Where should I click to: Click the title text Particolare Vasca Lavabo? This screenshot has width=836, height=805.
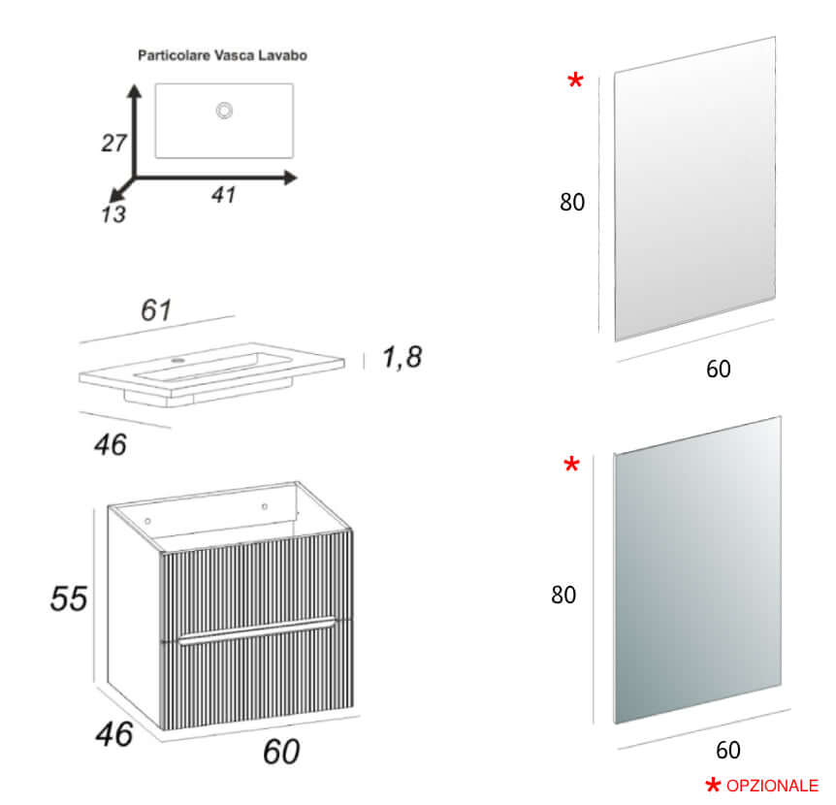[222, 55]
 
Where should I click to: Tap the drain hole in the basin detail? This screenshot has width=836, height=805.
[224, 111]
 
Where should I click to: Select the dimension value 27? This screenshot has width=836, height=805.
[114, 144]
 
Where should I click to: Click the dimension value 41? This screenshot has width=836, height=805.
[224, 195]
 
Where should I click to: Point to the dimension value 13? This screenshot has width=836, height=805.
[113, 214]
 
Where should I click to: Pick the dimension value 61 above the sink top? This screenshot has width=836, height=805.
[156, 311]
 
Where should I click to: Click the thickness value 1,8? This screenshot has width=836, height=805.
[402, 358]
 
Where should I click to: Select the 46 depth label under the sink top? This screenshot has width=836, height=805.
[111, 444]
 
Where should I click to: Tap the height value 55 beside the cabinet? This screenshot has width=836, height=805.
[69, 598]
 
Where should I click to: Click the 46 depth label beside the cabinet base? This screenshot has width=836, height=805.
[113, 735]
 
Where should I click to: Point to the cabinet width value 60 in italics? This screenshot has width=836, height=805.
[281, 751]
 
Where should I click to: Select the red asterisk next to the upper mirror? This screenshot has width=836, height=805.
[575, 81]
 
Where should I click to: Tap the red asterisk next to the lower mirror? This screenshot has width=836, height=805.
[571, 467]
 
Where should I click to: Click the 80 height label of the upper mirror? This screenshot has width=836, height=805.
[572, 203]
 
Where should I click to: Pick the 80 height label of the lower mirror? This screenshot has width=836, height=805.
[563, 595]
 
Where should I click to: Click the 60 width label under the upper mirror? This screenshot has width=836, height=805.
[719, 369]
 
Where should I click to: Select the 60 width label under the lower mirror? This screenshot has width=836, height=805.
[727, 750]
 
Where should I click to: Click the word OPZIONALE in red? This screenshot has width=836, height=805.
[772, 786]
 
